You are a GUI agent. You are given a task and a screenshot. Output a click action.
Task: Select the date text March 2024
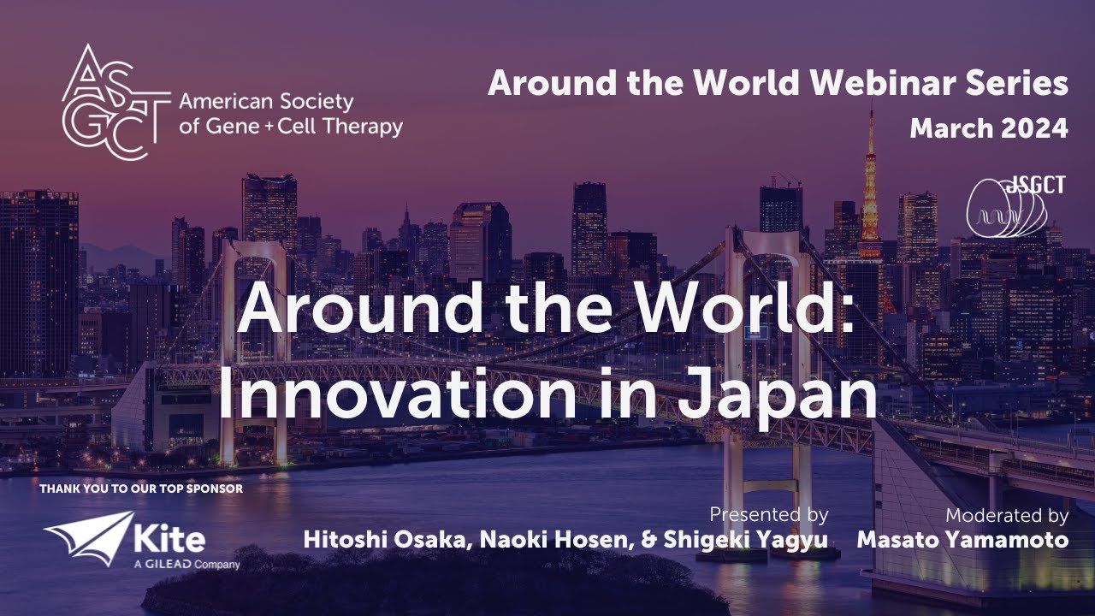point(989,128)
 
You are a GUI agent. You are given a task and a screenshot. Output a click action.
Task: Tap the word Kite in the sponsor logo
point(169,539)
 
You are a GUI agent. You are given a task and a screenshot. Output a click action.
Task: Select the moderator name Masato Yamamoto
point(962,541)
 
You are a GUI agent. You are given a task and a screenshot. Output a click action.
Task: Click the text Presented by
point(768,515)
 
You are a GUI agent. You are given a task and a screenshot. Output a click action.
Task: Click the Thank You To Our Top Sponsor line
point(141,489)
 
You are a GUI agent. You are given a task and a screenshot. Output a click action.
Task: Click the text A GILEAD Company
point(186,565)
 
